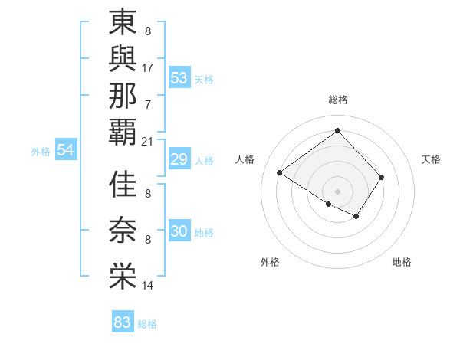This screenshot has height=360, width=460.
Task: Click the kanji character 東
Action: [x=123, y=24]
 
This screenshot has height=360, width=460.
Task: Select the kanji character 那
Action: [x=123, y=96]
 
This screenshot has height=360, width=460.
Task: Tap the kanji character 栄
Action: [x=123, y=277]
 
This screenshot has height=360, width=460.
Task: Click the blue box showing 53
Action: [x=179, y=78]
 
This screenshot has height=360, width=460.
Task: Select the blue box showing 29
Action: [x=179, y=159]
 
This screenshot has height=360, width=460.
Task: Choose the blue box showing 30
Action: [x=179, y=231]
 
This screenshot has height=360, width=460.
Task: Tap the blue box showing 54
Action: [x=66, y=150]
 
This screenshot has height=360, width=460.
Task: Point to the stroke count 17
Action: [x=148, y=67]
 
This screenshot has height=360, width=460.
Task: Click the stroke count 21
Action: [x=148, y=141]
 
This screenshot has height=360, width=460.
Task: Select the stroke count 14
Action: [x=148, y=286]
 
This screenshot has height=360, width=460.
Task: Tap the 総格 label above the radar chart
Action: [x=337, y=100]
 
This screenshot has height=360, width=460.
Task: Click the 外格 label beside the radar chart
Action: [x=270, y=262]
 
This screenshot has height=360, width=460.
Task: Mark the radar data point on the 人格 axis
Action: [x=280, y=173]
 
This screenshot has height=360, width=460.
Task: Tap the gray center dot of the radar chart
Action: [x=337, y=191]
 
